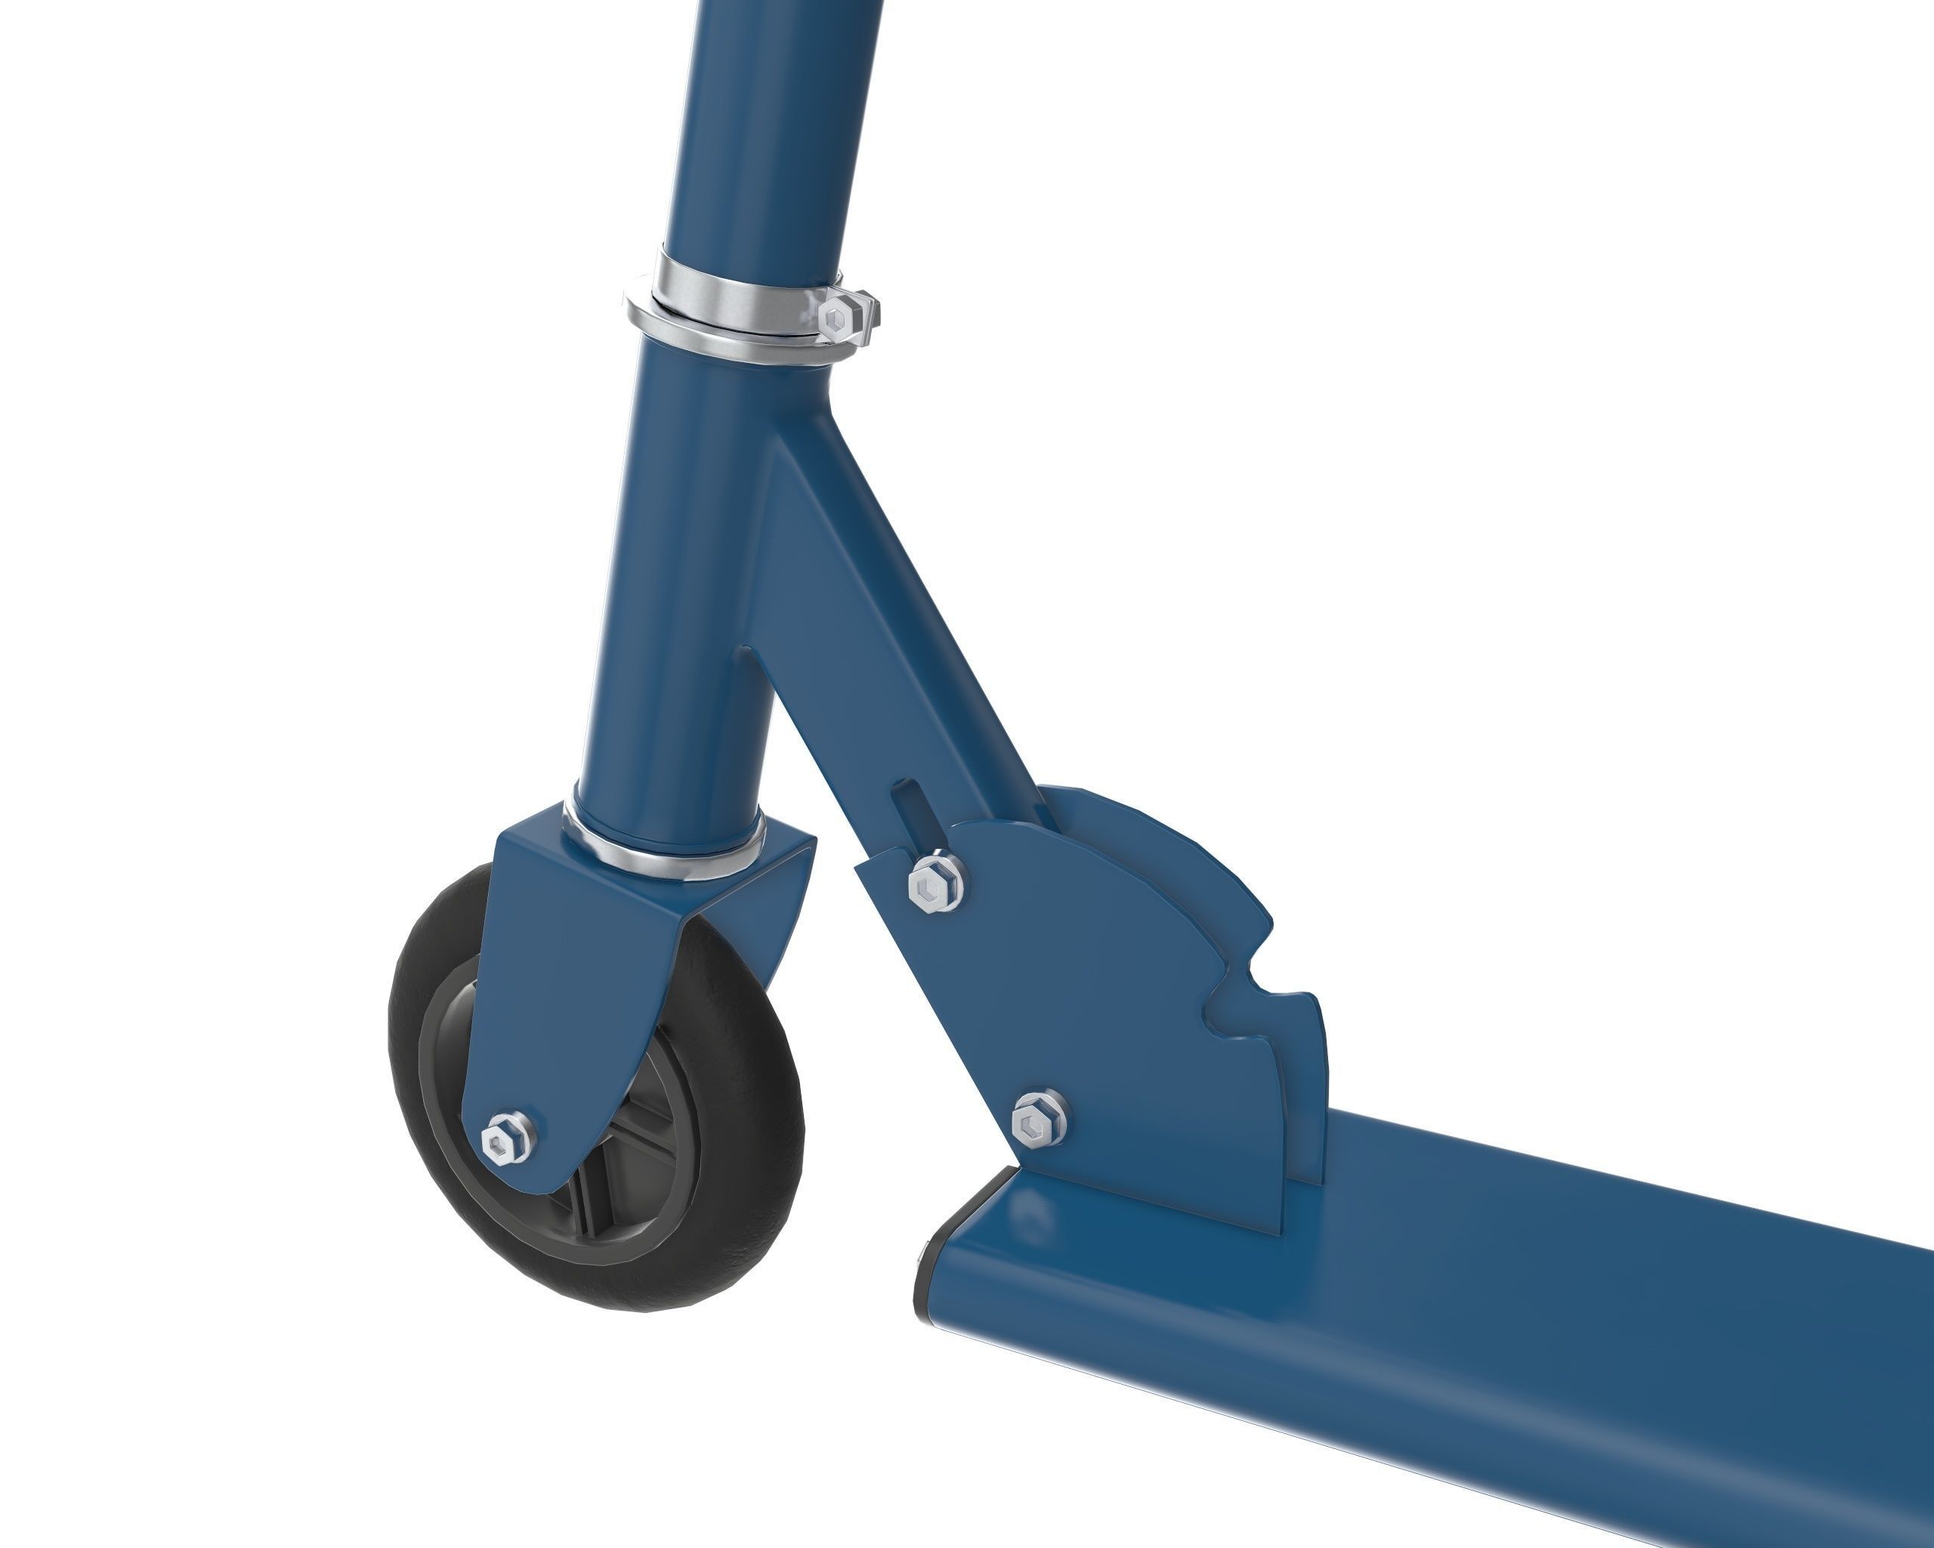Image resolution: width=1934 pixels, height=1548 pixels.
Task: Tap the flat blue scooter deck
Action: click(x=1525, y=1328)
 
